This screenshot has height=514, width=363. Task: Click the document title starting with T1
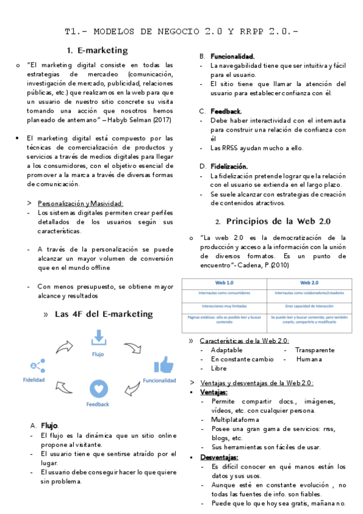pyautogui.click(x=181, y=32)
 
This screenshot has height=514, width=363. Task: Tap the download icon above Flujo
pyautogui.click(x=98, y=338)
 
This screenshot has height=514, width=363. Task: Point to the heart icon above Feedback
pyautogui.click(x=98, y=389)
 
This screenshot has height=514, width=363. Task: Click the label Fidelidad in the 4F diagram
pyautogui.click(x=33, y=380)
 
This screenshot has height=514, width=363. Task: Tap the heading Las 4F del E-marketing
pyautogui.click(x=104, y=314)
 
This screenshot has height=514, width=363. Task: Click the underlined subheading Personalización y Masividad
pyautogui.click(x=80, y=203)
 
